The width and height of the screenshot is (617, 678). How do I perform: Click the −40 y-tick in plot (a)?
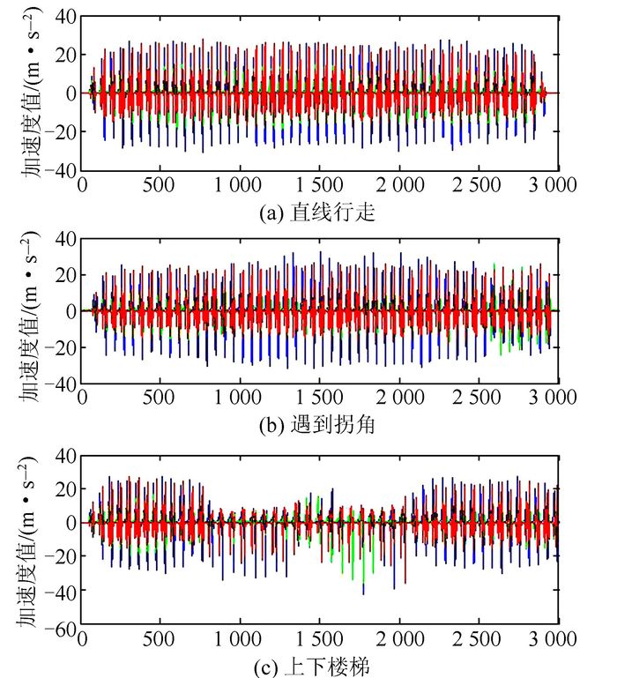pos(61,171)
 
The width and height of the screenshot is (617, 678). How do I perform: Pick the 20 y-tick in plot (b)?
pos(65,274)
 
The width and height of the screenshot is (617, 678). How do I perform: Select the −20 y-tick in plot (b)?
pos(61,348)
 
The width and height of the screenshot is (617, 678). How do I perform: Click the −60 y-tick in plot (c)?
pos(61,628)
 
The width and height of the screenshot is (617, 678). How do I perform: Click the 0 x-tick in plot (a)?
pos(82,185)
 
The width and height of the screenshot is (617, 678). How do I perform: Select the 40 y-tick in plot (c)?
pos(65,455)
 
